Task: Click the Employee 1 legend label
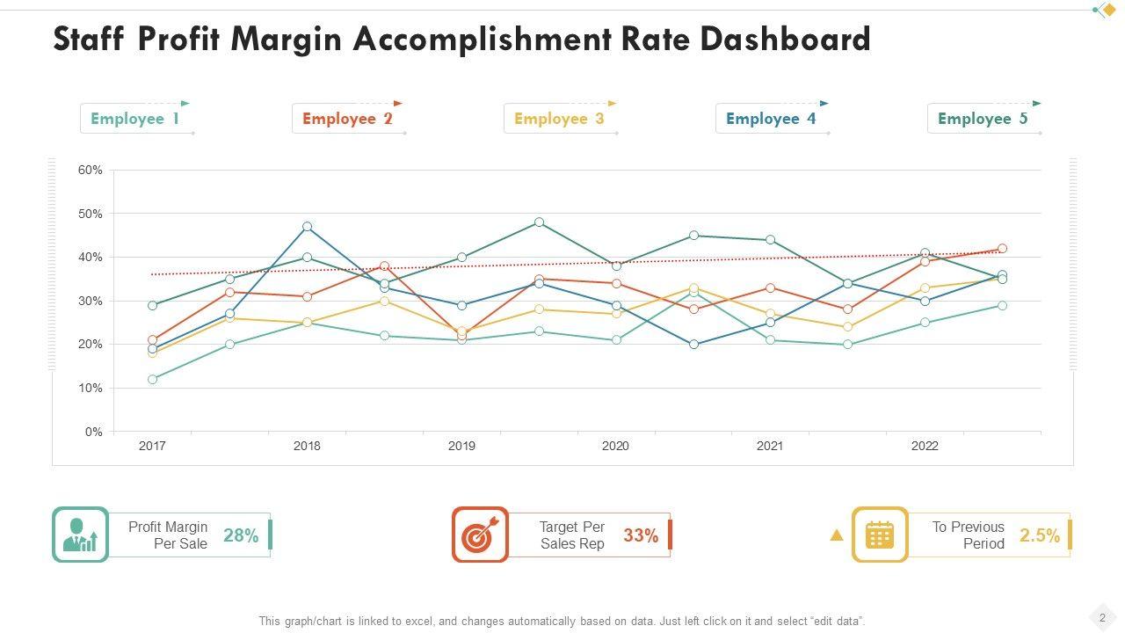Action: [x=134, y=119]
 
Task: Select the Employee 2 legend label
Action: [x=347, y=119]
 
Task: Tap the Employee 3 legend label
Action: [x=559, y=119]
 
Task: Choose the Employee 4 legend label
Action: [x=771, y=119]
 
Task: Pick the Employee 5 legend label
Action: [x=983, y=119]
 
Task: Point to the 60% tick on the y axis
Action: [x=91, y=170]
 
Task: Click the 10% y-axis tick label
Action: [x=91, y=388]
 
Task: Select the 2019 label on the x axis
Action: [x=461, y=446]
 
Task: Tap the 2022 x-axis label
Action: [x=925, y=446]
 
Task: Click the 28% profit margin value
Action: [x=241, y=535]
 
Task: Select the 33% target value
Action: [x=641, y=535]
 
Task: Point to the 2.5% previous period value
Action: [x=1040, y=535]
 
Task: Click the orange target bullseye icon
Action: [x=480, y=535]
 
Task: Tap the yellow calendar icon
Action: [x=880, y=535]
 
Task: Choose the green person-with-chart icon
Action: [x=80, y=535]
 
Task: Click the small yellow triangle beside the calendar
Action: [x=837, y=535]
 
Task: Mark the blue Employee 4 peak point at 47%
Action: [x=308, y=227]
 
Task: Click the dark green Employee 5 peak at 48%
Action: [x=539, y=222]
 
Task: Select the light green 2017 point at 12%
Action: [x=153, y=380]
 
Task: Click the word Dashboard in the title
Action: [x=785, y=40]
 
